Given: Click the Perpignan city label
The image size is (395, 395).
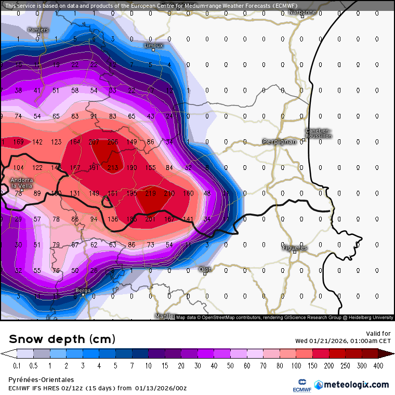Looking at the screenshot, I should click(280, 141).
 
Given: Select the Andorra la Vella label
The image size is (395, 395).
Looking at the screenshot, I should click(22, 183).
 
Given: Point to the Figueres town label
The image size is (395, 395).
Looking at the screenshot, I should click(294, 248).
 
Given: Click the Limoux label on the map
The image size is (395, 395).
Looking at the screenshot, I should click(153, 45).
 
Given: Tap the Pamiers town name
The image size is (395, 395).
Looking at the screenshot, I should click(38, 30).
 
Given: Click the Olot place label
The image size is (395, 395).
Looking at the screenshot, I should click(205, 269).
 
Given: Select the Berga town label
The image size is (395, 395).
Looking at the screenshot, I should click(82, 291).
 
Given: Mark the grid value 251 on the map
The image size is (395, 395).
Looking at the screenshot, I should click(151, 219).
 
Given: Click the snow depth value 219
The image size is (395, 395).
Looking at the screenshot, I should click(151, 193).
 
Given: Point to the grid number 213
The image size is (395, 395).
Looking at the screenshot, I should click(112, 167).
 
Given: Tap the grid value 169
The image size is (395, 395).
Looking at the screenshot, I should click(18, 141).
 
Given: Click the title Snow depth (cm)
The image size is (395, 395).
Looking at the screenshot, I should click(61, 339).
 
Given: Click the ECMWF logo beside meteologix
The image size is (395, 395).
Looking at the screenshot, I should click(301, 385).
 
